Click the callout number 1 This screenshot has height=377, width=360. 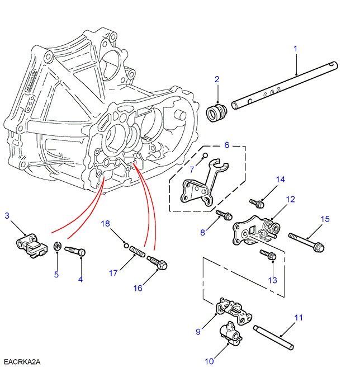(x=295, y=49)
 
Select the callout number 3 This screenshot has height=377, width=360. (x=7, y=215)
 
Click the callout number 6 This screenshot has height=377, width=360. (x=226, y=145)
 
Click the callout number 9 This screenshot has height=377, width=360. (x=198, y=332)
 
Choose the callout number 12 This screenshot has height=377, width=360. (x=290, y=199)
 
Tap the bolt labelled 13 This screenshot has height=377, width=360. (x=268, y=255)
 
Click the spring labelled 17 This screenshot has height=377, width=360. (x=138, y=255)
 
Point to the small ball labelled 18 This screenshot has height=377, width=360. (x=126, y=244)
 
